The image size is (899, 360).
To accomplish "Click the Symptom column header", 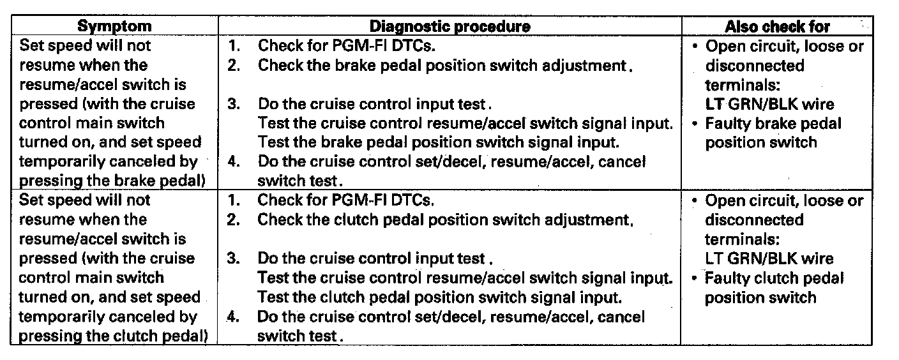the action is [114, 26].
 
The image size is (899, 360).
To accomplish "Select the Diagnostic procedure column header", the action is [450, 26].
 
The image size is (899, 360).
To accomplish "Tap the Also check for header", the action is [777, 26].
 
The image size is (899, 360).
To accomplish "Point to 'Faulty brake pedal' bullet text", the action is [773, 123].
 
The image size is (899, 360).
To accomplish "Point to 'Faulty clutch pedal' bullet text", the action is [774, 278].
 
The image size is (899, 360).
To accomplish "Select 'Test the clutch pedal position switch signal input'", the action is [439, 297].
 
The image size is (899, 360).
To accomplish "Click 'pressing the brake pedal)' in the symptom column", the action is [112, 181].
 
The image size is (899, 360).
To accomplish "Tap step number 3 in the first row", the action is [234, 103].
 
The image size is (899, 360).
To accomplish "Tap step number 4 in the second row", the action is [234, 317].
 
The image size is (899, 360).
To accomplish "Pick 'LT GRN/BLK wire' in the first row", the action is [769, 104].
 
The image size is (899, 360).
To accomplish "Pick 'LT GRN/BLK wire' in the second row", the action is [769, 259].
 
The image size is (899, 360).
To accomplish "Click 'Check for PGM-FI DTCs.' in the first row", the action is [347, 46].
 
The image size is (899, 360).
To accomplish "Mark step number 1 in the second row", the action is [234, 200].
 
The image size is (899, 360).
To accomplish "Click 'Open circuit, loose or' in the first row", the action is [784, 46].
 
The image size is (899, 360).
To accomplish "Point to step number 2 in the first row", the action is [234, 65].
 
